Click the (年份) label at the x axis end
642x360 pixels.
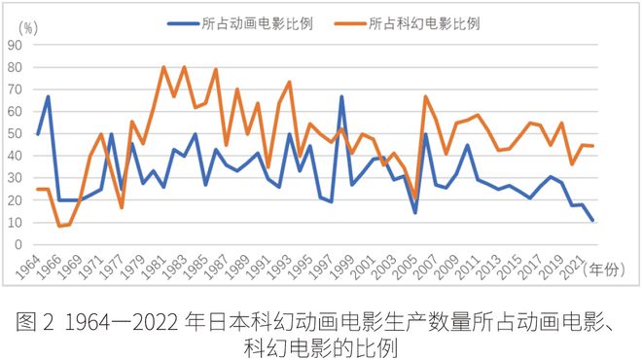(x=606, y=274)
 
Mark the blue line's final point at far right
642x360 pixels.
(x=592, y=221)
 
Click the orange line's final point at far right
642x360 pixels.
(x=592, y=146)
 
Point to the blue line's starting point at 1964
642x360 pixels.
(x=38, y=134)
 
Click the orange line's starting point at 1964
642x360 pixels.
(x=38, y=190)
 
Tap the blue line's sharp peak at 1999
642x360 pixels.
(x=341, y=96)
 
